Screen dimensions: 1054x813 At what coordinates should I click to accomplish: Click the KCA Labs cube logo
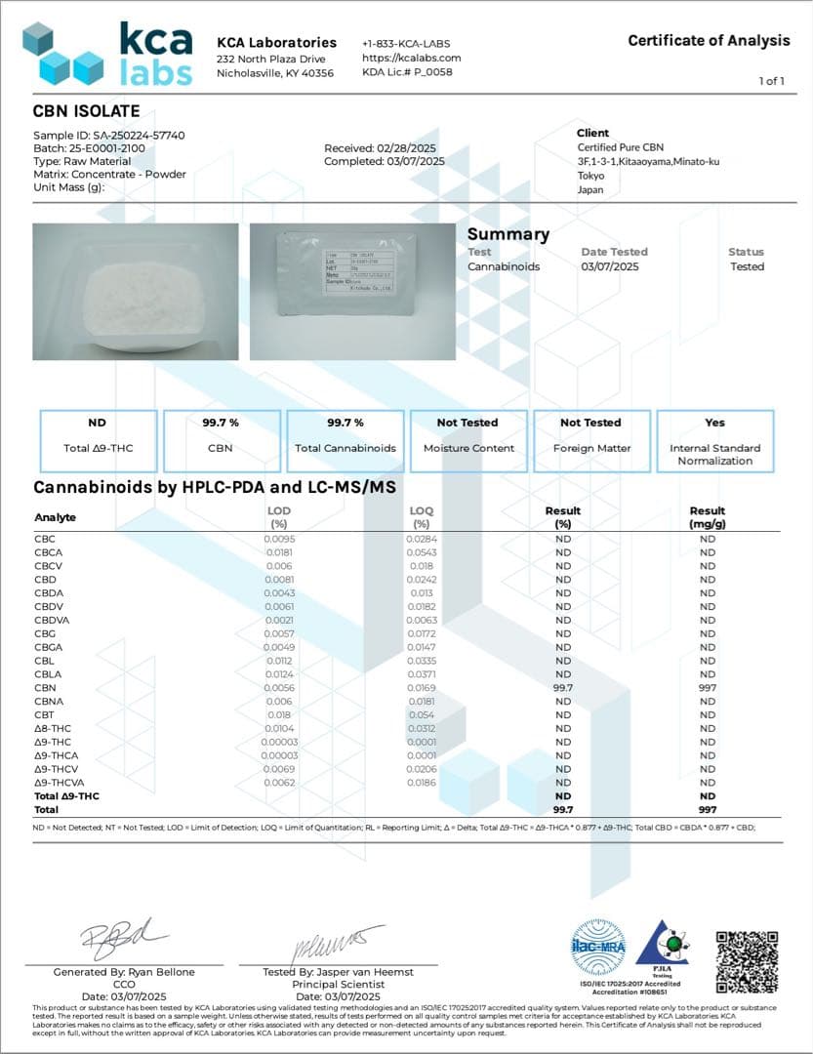click(63, 54)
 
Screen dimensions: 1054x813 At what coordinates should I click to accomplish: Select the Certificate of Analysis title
click(709, 40)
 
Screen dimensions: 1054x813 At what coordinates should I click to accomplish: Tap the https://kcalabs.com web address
click(410, 58)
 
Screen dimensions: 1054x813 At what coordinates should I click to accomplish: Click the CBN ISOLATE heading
click(87, 111)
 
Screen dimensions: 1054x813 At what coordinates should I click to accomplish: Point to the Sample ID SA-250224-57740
click(109, 135)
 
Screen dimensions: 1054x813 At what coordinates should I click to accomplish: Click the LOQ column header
click(422, 516)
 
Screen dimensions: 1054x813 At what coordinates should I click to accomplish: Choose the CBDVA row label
click(52, 620)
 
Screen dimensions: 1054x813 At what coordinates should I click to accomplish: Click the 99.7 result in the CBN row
click(563, 687)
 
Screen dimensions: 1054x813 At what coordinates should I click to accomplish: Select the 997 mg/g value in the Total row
click(707, 809)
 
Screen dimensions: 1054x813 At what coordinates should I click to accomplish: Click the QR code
click(747, 961)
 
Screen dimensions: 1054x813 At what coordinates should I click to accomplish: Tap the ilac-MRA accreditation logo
click(598, 946)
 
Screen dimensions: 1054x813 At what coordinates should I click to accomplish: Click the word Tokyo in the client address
click(590, 176)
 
